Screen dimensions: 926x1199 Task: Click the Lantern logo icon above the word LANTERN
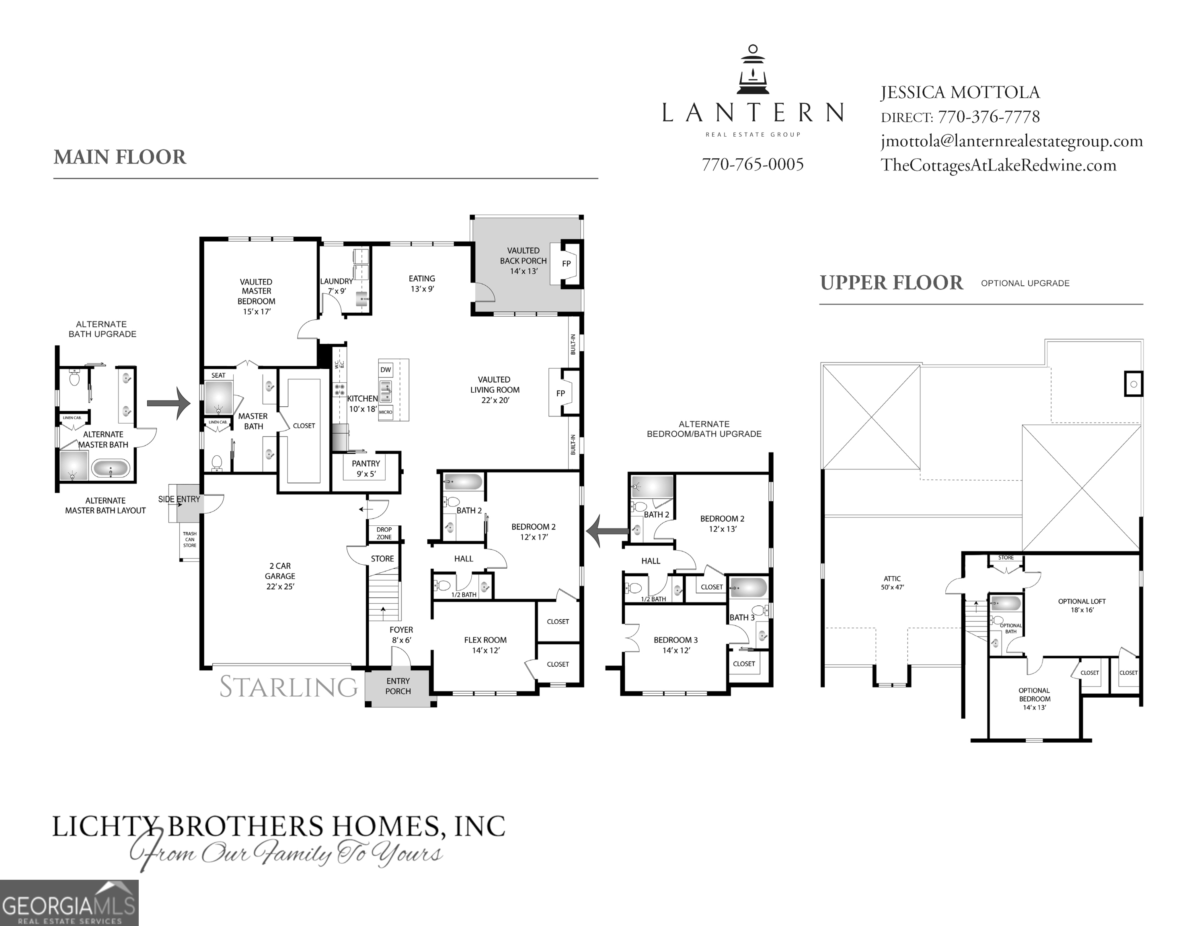coord(753,70)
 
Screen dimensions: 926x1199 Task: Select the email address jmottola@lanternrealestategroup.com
coord(1011,141)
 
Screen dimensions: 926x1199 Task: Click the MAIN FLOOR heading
coord(120,157)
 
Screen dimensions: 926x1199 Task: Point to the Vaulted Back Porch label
coord(523,261)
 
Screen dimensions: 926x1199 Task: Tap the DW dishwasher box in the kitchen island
coord(386,370)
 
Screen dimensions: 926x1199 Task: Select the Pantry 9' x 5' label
coord(365,469)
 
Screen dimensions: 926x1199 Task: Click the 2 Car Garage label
coord(280,576)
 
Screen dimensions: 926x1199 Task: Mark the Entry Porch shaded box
coord(398,686)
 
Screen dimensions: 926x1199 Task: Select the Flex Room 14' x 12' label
coord(485,645)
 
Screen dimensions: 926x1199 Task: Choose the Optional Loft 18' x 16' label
coord(1082,605)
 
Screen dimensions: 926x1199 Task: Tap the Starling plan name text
coord(289,687)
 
